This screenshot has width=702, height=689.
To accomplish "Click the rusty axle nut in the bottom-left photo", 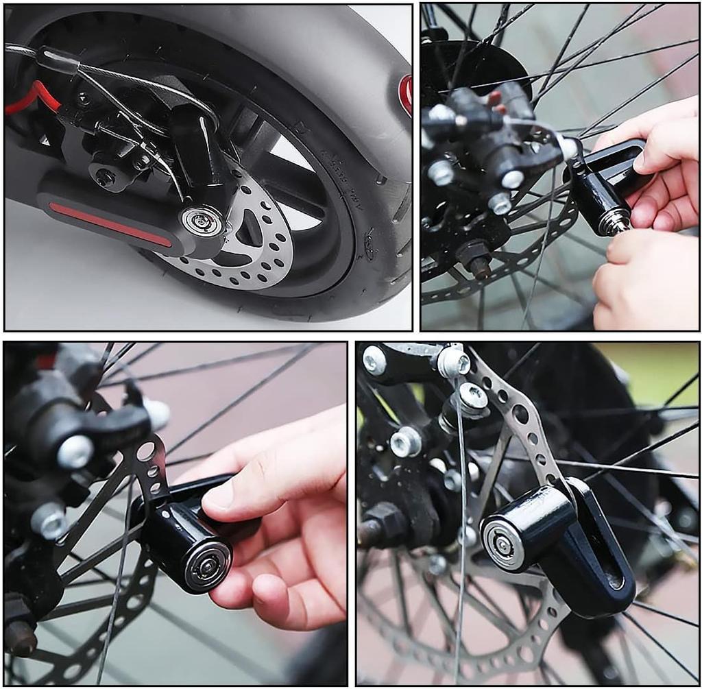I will (x=21, y=638).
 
